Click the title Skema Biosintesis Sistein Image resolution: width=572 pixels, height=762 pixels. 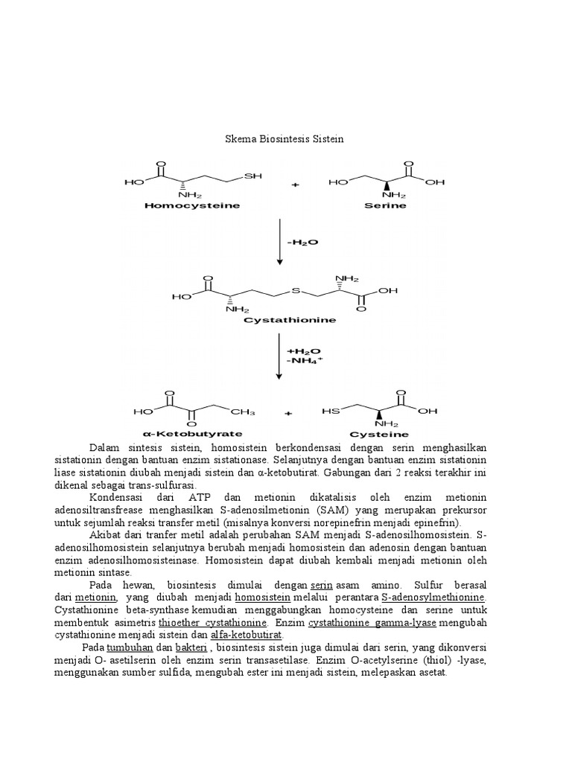pos(285,139)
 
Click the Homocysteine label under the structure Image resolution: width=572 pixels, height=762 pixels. pos(191,205)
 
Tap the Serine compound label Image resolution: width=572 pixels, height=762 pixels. pos(387,205)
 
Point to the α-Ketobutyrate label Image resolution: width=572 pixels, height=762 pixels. pos(191,433)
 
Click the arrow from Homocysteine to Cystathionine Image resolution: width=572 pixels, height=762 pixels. pos(279,242)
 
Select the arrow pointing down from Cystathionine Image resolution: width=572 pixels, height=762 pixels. pos(279,356)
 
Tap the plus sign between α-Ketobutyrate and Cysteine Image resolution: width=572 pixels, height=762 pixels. pos(288,412)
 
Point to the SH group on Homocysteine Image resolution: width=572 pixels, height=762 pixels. pos(253,176)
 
